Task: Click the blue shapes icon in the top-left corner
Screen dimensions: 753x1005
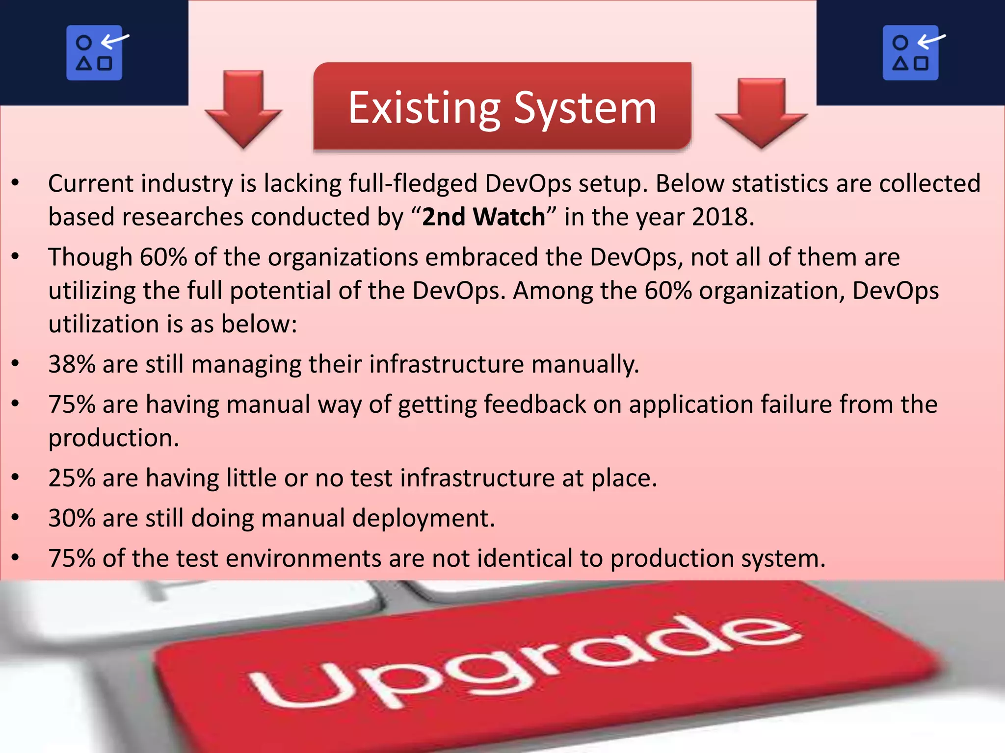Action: click(x=95, y=52)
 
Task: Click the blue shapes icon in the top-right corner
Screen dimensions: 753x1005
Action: click(x=911, y=52)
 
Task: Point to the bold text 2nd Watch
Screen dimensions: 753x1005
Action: click(x=483, y=217)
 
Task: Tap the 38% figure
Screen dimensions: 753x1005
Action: click(x=72, y=364)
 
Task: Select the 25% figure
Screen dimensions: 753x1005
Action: click(x=72, y=478)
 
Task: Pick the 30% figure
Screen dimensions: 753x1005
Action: click(x=72, y=518)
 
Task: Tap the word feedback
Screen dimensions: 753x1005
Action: click(x=535, y=405)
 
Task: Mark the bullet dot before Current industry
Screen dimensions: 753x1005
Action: click(x=15, y=183)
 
